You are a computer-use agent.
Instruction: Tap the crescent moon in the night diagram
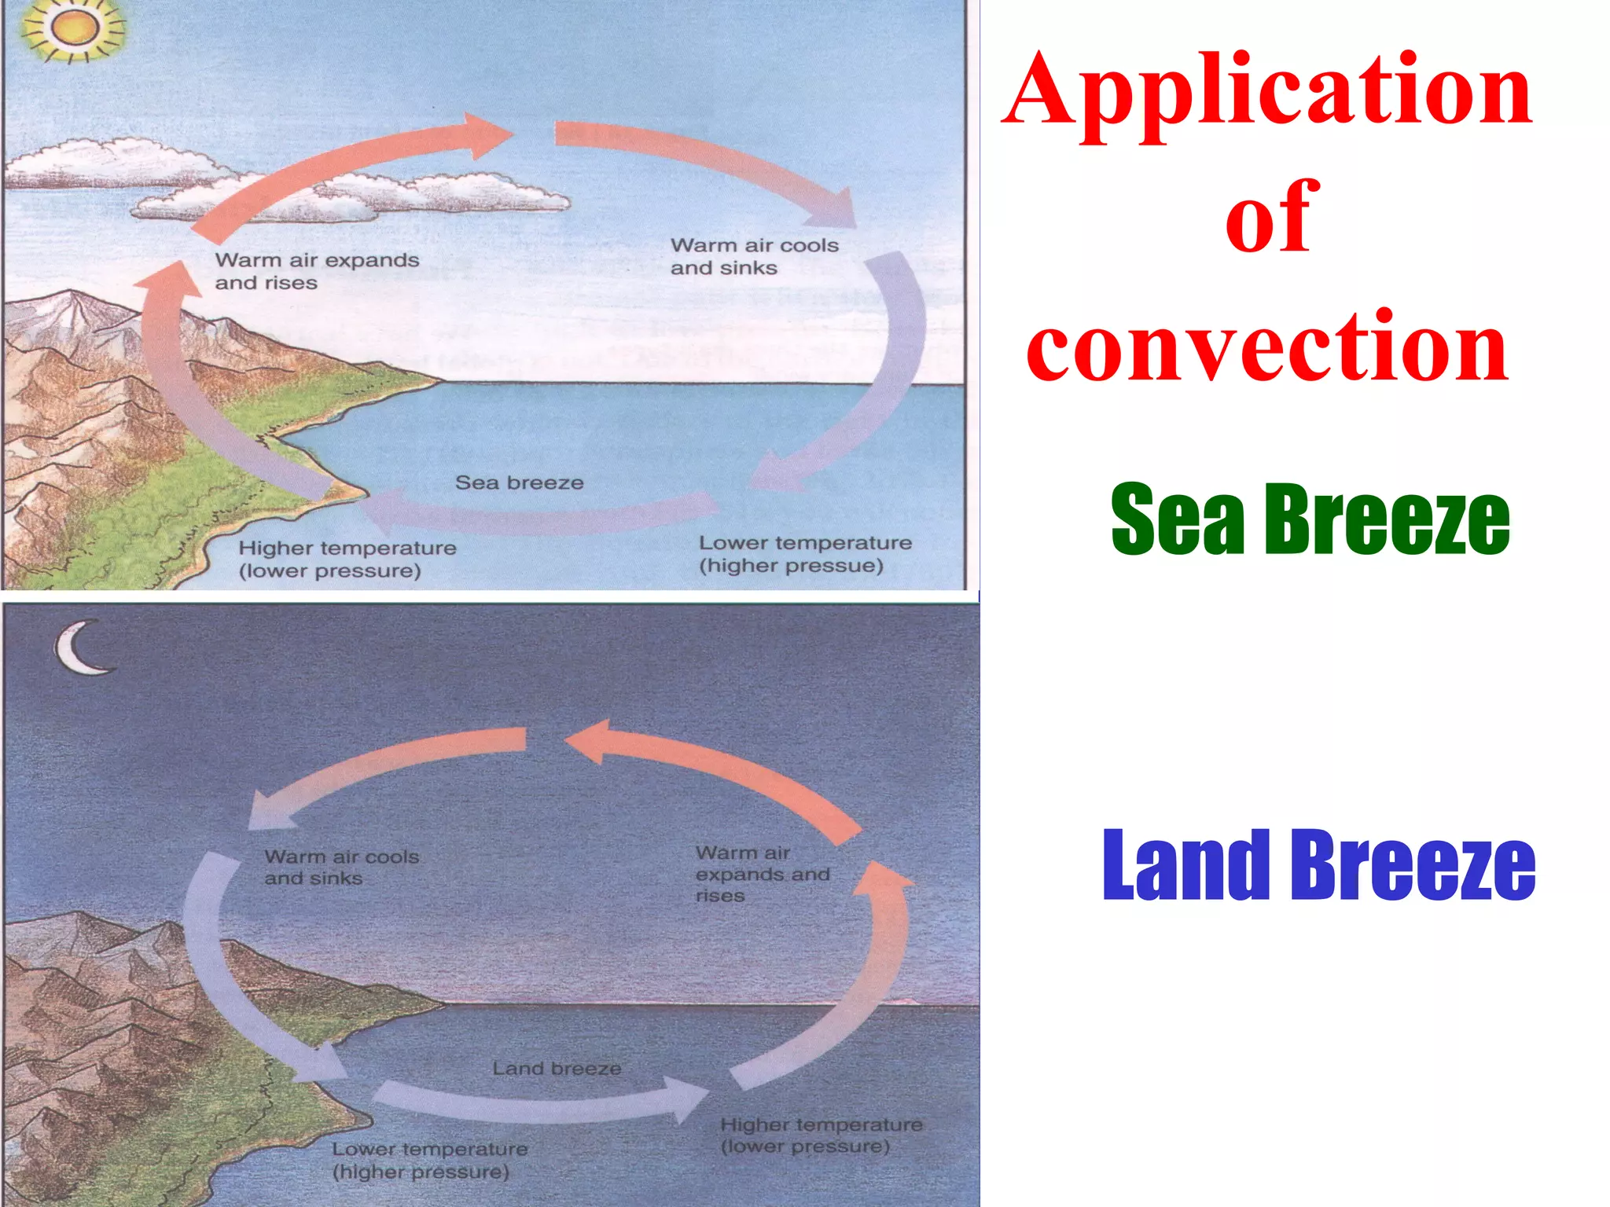pyautogui.click(x=81, y=648)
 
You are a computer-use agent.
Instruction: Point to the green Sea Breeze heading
pyautogui.click(x=1310, y=519)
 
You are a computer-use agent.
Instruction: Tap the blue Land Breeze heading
pyautogui.click(x=1318, y=864)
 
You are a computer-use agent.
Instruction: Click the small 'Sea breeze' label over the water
pyautogui.click(x=519, y=482)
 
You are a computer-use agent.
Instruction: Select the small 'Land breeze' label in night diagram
pyautogui.click(x=557, y=1069)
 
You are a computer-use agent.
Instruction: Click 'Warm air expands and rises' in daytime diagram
pyautogui.click(x=317, y=271)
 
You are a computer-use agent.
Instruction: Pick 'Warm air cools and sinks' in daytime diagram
pyautogui.click(x=754, y=256)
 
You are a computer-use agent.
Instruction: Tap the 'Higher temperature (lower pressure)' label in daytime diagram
pyautogui.click(x=347, y=559)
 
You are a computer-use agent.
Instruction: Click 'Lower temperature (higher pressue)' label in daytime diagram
pyautogui.click(x=805, y=554)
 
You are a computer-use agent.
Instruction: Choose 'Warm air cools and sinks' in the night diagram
pyautogui.click(x=341, y=868)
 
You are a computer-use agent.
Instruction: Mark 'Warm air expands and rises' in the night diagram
pyautogui.click(x=762, y=874)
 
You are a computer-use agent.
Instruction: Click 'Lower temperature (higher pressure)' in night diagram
pyautogui.click(x=429, y=1160)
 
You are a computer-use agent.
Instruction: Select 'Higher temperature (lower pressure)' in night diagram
pyautogui.click(x=821, y=1135)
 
